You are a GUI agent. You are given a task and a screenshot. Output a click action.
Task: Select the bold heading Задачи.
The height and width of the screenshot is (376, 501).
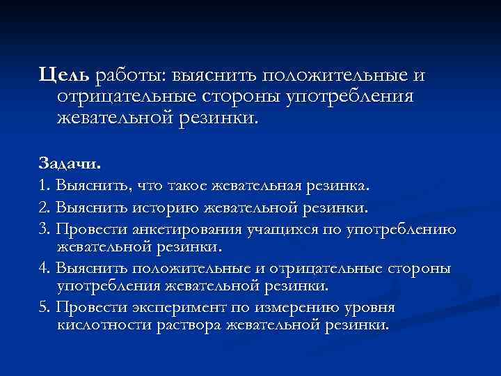coord(70,166)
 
